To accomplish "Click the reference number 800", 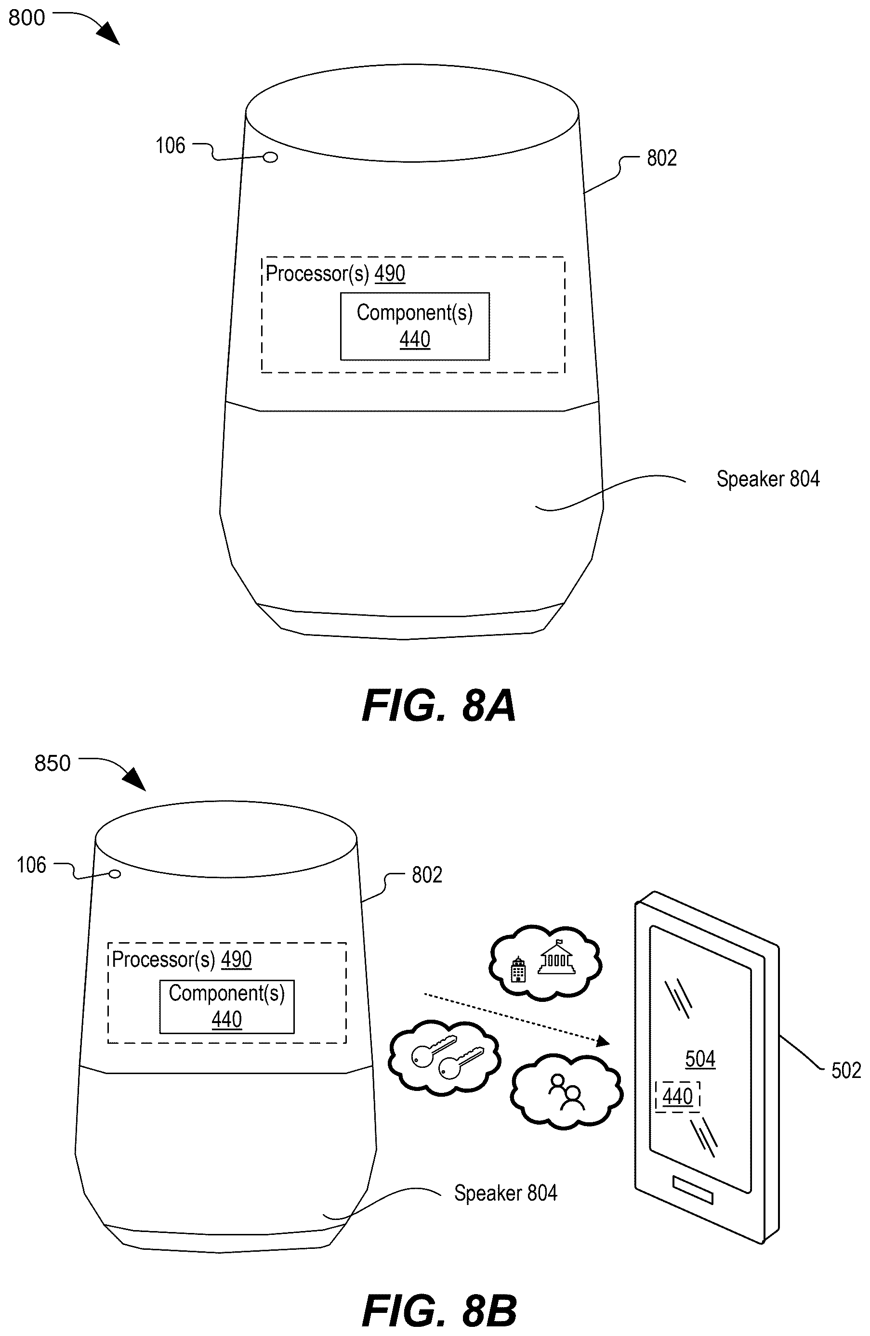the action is (26, 17).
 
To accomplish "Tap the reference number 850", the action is (52, 763).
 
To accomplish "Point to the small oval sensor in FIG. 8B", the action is (115, 873).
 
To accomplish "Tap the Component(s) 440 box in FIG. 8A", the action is (414, 326).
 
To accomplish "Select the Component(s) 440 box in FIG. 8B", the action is (227, 1007).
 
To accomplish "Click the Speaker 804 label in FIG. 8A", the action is (768, 479).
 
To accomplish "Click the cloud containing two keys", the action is (444, 1058).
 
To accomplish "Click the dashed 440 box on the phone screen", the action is (677, 1096).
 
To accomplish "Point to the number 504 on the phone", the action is (700, 1059).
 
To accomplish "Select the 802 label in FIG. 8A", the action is (661, 158).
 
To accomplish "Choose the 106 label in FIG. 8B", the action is (31, 865).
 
